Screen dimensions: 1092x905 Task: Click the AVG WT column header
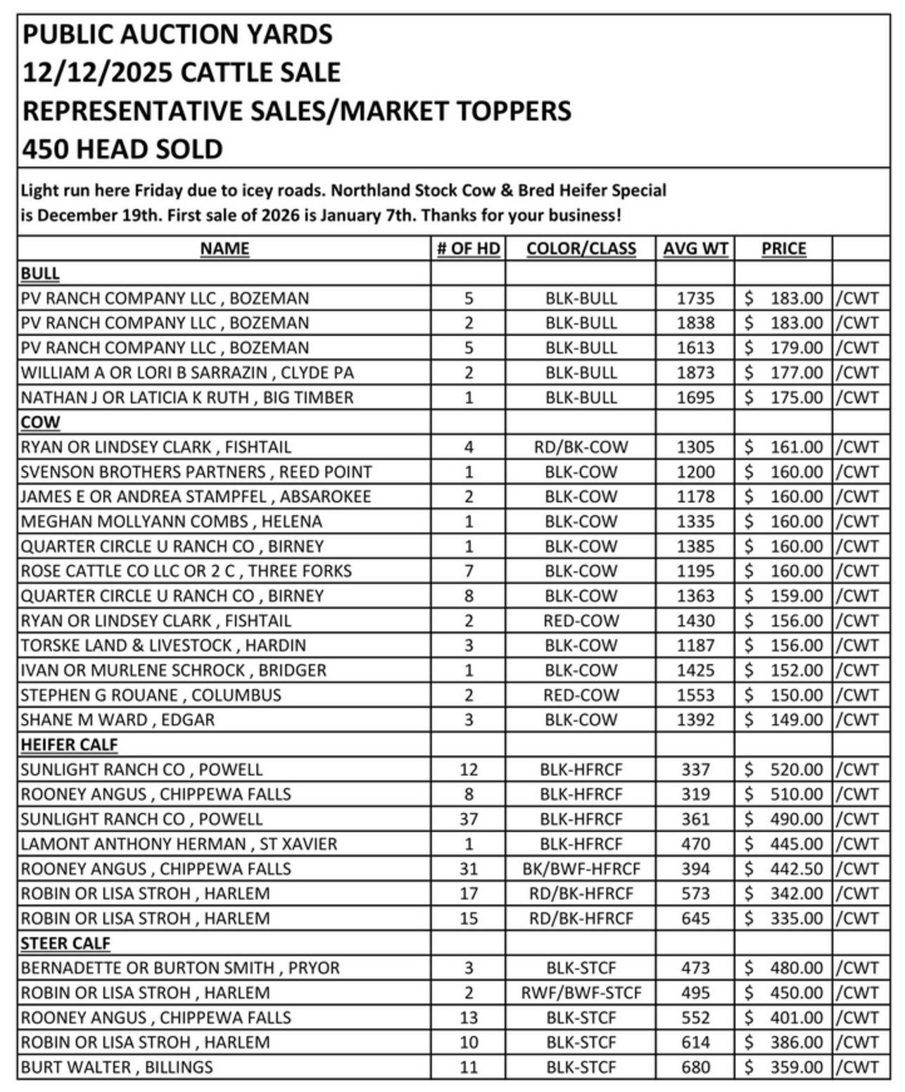[695, 249]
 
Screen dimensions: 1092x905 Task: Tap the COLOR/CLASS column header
[581, 249]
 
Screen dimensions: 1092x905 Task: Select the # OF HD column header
[468, 249]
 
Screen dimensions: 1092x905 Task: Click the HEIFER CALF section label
[69, 745]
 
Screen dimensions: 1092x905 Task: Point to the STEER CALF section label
[65, 943]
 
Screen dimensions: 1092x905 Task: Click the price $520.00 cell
[783, 769]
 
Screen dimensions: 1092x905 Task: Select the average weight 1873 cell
[695, 373]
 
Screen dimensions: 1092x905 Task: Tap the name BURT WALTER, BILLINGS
[117, 1067]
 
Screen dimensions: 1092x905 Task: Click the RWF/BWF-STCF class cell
[581, 993]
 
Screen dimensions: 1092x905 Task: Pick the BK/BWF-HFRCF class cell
[581, 869]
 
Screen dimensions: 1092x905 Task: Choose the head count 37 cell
[468, 819]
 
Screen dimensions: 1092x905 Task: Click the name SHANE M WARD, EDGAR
[118, 720]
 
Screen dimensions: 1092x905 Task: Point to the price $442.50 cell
[783, 869]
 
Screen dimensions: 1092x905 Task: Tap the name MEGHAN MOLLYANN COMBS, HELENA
[171, 522]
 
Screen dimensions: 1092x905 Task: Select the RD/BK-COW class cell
[581, 447]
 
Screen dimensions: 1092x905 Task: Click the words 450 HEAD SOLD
[122, 149]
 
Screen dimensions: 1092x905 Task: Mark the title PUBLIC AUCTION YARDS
[177, 34]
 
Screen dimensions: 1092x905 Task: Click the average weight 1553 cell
[695, 695]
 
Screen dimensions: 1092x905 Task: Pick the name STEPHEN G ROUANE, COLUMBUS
[151, 695]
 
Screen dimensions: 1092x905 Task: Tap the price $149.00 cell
[783, 720]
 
